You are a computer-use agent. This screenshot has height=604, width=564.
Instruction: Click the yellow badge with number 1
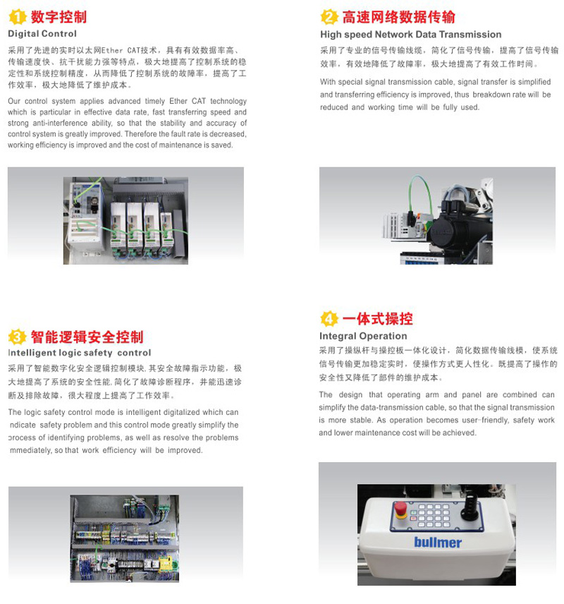point(18,17)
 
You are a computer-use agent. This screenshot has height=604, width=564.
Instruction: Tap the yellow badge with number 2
point(329,17)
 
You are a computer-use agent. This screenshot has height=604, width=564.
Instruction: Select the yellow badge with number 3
point(18,337)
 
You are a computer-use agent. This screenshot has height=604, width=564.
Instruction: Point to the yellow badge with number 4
point(329,319)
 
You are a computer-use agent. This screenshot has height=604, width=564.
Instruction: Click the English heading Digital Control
point(42,34)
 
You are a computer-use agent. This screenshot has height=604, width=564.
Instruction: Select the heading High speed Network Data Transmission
point(411,35)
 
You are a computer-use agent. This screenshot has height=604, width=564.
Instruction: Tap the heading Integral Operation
point(363,336)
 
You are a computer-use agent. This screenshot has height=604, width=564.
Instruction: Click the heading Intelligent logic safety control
point(80,353)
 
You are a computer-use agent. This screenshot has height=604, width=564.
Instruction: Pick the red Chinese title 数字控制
point(59,17)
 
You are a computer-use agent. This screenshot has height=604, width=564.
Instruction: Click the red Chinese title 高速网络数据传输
point(399,17)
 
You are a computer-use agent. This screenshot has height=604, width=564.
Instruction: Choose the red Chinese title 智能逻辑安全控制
point(87,337)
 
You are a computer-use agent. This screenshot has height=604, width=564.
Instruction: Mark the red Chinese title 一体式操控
point(378,319)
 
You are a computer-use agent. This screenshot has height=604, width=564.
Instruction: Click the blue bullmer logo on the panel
point(438,543)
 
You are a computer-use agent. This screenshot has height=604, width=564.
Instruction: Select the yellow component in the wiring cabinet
point(168,564)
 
